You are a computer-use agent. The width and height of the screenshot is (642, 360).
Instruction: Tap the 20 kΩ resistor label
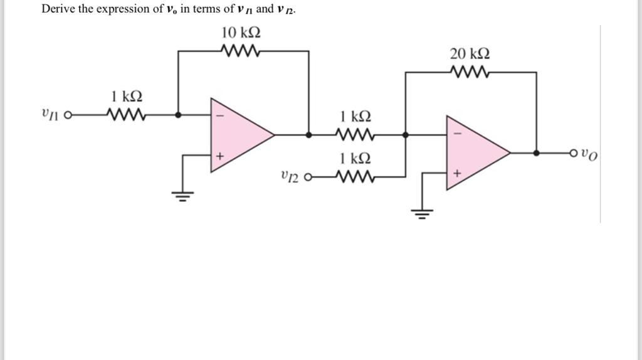pyautogui.click(x=470, y=54)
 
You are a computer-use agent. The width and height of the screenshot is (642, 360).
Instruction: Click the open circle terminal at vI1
pyautogui.click(x=69, y=115)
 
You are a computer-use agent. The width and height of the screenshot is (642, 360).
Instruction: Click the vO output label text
pyautogui.click(x=589, y=154)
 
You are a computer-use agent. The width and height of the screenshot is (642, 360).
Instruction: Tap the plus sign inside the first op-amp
pyautogui.click(x=219, y=156)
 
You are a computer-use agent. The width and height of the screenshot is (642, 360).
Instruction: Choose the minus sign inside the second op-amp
pyautogui.click(x=456, y=134)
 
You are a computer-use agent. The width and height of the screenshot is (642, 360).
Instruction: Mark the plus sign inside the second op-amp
pyautogui.click(x=456, y=174)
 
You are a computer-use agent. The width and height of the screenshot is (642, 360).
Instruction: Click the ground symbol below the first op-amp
pyautogui.click(x=182, y=196)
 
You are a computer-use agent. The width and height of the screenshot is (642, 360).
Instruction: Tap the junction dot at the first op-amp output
pyautogui.click(x=308, y=134)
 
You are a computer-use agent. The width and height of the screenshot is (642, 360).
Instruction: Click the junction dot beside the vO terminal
pyautogui.click(x=537, y=152)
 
